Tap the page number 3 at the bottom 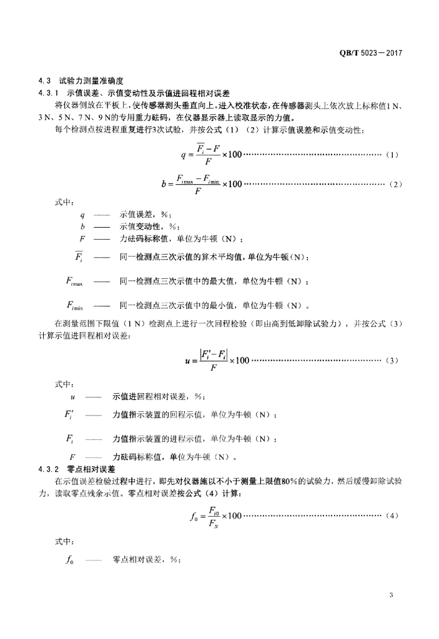tap(391, 595)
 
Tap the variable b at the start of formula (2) tap(163, 184)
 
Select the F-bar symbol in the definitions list tap(81, 256)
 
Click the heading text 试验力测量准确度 tap(92, 81)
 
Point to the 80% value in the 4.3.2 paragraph tap(284, 481)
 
